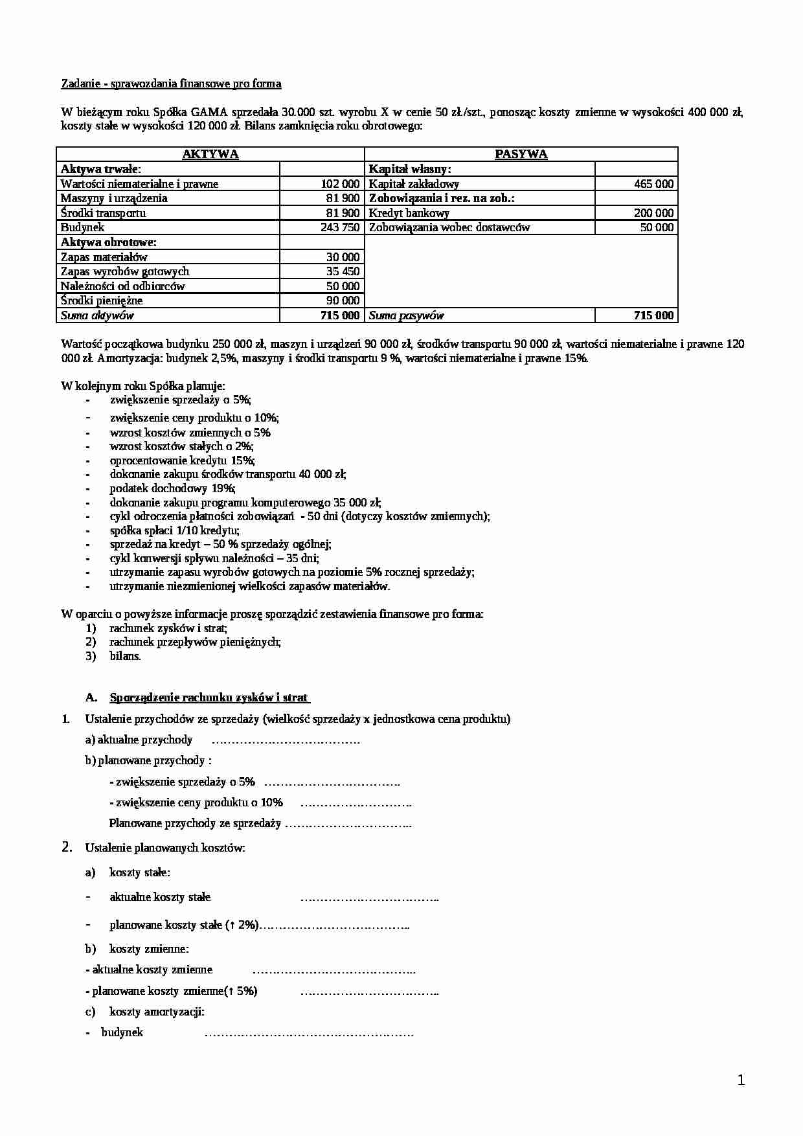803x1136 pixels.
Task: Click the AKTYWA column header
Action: pos(210,154)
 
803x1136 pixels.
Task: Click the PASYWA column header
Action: pos(521,154)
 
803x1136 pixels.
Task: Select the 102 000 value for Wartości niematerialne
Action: pos(340,184)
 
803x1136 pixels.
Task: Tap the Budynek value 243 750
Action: pos(340,227)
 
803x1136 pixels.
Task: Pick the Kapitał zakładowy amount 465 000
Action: pos(654,184)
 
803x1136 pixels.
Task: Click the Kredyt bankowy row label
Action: pos(409,213)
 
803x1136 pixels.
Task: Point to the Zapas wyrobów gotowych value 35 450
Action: pos(343,271)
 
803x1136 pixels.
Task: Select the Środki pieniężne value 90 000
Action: pos(343,301)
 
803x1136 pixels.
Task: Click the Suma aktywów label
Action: pos(97,316)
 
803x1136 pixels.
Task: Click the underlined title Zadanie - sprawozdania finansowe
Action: pos(171,84)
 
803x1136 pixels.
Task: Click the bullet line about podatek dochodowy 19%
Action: pos(172,488)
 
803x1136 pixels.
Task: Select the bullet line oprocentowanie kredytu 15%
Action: pos(182,460)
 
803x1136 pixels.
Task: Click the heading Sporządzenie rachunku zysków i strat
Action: pos(209,698)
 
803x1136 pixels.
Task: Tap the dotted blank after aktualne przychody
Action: pos(286,740)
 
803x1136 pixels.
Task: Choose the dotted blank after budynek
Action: pos(309,1033)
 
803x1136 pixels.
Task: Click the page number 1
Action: pos(741,1080)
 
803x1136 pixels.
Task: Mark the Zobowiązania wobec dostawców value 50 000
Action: pos(657,227)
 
